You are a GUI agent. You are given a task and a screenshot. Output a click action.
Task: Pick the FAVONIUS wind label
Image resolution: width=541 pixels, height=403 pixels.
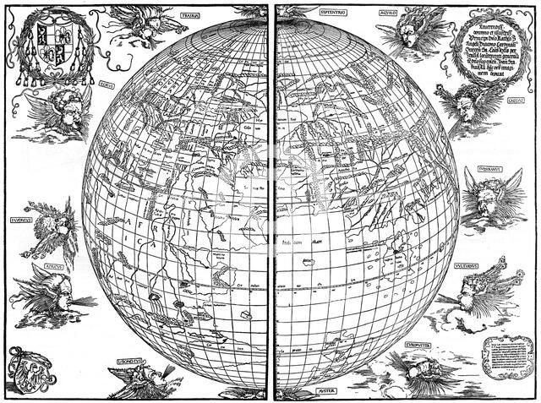coord(22,217)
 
